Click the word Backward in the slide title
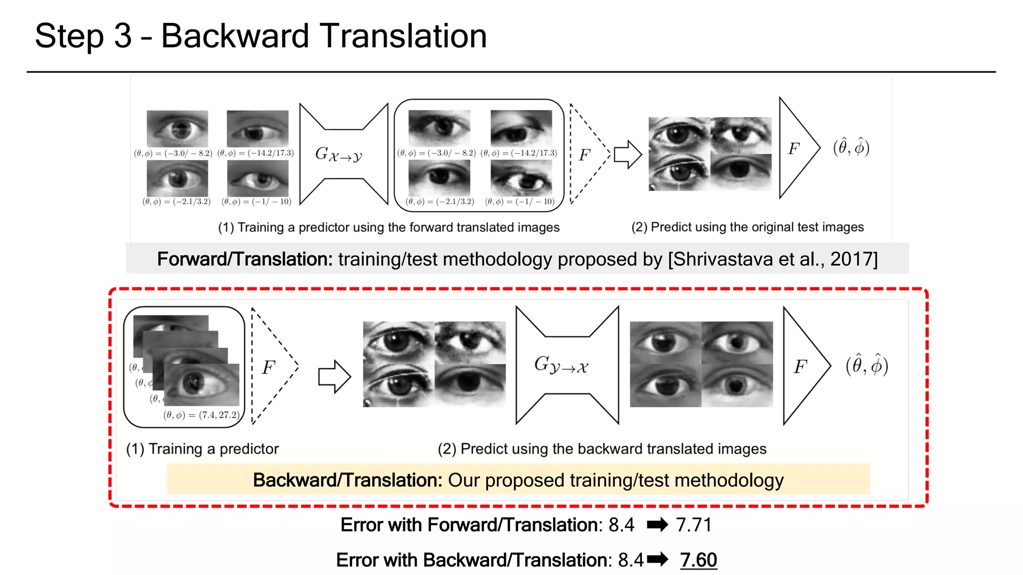pyautogui.click(x=235, y=36)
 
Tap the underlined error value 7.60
pyautogui.click(x=698, y=560)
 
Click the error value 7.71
pyautogui.click(x=693, y=525)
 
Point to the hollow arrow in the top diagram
pyautogui.click(x=627, y=154)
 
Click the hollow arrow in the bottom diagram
pyautogui.click(x=334, y=376)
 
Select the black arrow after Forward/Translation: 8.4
pyautogui.click(x=657, y=525)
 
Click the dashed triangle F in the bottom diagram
pyautogui.click(x=270, y=367)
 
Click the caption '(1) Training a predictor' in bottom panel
pyautogui.click(x=202, y=449)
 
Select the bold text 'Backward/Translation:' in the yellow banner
pyautogui.click(x=347, y=480)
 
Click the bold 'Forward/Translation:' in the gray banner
pyautogui.click(x=245, y=259)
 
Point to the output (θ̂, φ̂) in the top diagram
pyautogui.click(x=851, y=147)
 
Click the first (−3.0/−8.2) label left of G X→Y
pyautogui.click(x=173, y=153)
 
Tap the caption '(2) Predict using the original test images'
pyautogui.click(x=747, y=227)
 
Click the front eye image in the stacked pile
pyautogui.click(x=202, y=384)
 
